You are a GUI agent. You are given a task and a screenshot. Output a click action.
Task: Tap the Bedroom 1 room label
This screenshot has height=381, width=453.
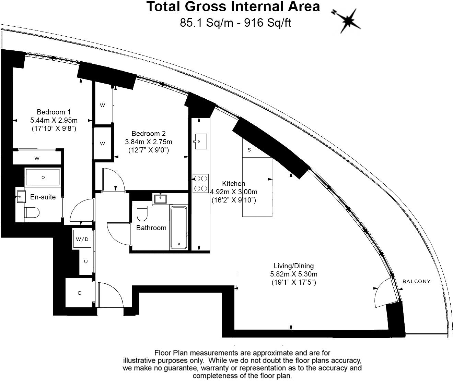coord(54,112)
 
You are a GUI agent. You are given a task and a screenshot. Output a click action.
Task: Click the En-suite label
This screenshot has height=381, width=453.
coord(43,197)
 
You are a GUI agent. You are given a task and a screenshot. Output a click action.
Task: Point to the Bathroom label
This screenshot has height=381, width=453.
coord(151,228)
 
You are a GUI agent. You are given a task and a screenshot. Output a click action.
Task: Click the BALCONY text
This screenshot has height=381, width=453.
coord(416,282)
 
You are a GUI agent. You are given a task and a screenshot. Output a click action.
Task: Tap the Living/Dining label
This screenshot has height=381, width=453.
coord(293,266)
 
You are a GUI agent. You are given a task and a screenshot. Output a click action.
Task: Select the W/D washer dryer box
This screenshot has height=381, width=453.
coord(82,239)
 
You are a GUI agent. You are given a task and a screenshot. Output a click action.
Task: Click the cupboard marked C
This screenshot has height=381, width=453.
coord(79,293)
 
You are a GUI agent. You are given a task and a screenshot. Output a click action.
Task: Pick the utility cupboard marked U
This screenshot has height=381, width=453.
coord(86,262)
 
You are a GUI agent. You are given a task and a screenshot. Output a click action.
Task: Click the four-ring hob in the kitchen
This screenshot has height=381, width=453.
coord(200,183)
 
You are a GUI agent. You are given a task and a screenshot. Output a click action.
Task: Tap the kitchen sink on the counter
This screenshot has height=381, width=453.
coord(201,142)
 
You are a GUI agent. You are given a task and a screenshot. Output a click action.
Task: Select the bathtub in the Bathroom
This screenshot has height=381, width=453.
coord(179,228)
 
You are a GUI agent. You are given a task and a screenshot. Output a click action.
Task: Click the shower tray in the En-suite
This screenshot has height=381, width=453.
coord(43,177)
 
